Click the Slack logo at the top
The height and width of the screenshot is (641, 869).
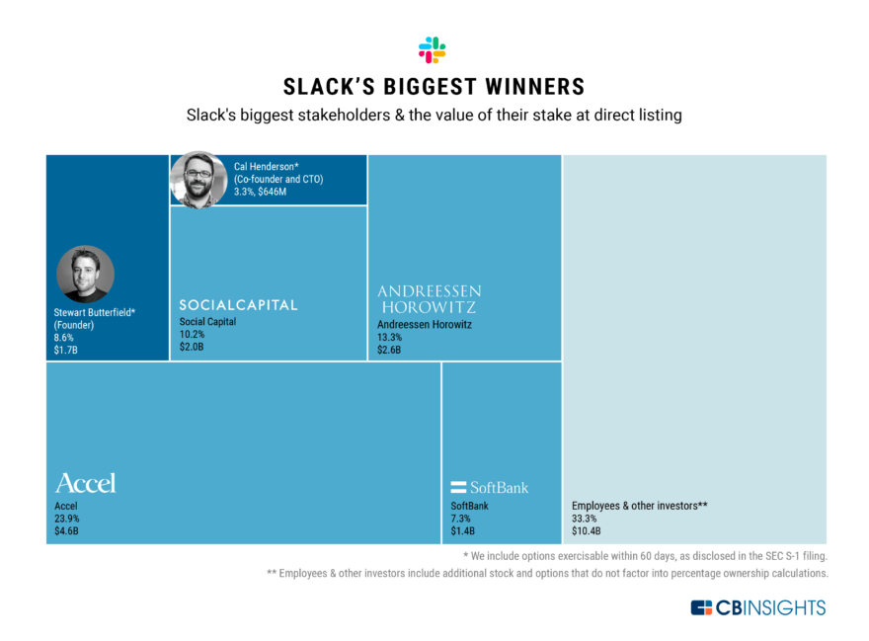[433, 49]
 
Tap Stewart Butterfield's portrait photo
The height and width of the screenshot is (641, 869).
[86, 274]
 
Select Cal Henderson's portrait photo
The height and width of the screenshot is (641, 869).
[198, 179]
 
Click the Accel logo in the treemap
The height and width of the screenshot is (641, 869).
[85, 483]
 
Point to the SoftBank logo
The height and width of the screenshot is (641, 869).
[489, 487]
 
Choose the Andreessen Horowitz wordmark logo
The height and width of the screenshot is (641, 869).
[430, 299]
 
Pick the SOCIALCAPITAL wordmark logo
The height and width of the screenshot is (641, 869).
[238, 305]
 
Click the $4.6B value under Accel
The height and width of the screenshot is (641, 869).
[67, 531]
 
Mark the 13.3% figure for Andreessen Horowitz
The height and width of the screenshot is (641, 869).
[390, 336]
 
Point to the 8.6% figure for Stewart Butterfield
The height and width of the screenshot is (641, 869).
[64, 337]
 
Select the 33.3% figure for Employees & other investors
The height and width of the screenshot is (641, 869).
[585, 519]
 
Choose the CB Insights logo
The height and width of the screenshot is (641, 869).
[757, 607]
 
